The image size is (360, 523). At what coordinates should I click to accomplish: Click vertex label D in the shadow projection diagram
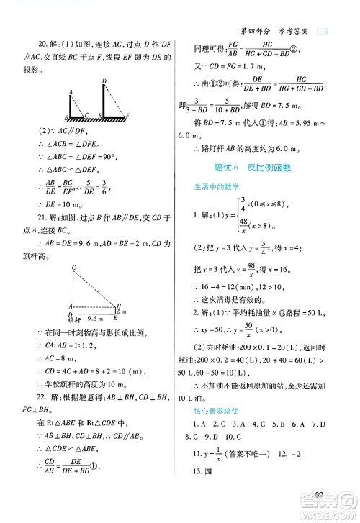point(105,81)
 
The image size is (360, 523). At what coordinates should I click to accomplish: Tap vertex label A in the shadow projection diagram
point(71,91)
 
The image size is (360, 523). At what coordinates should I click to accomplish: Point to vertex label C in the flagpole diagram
point(74,268)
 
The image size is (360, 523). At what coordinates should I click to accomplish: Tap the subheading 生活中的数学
point(216,188)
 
